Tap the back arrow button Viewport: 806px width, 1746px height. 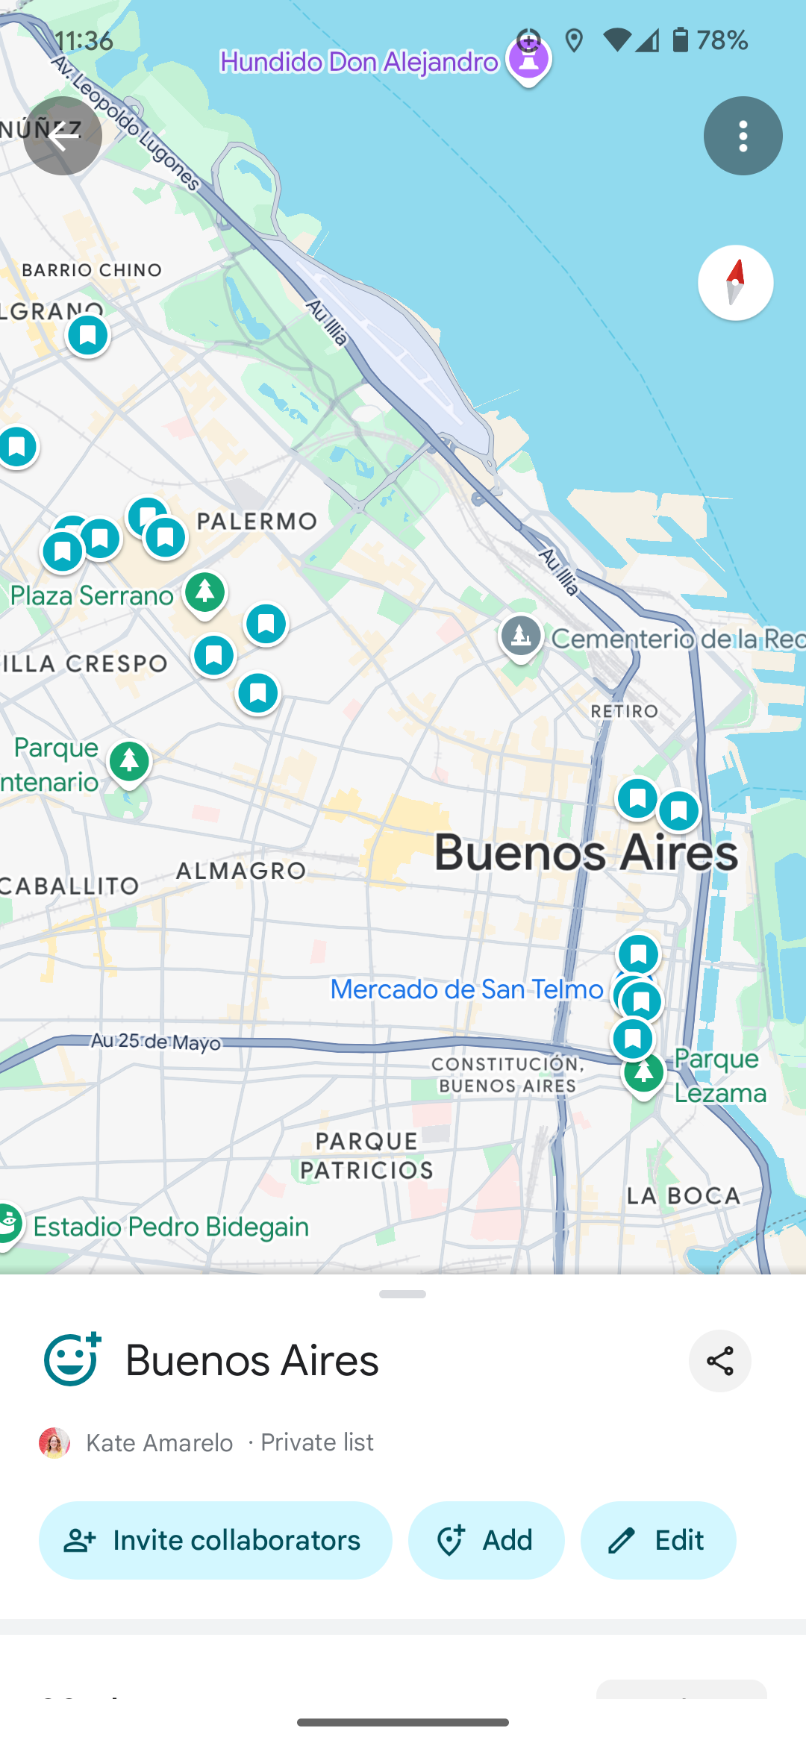coord(63,136)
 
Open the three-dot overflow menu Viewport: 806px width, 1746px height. coord(743,136)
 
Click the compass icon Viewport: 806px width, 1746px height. coord(735,283)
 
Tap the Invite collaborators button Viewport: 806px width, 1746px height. coord(215,1540)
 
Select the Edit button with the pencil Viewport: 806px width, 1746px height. coord(658,1540)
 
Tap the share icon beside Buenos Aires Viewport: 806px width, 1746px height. coord(719,1361)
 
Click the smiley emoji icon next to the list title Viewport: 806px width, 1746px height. coord(72,1359)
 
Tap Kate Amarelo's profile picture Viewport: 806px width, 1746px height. coord(54,1442)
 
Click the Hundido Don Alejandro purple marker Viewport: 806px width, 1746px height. coord(528,60)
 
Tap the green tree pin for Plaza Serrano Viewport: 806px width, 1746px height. coord(205,592)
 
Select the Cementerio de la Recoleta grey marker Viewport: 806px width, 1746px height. coord(521,636)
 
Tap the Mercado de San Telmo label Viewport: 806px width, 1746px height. coord(466,989)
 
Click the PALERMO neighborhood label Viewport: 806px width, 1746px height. coord(257,521)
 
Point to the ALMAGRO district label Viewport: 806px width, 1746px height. coord(241,870)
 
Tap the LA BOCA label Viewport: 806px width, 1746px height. coord(683,1195)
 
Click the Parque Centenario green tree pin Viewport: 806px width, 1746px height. coord(129,761)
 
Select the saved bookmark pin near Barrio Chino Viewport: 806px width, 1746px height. coord(88,335)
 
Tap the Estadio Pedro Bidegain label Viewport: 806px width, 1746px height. coord(171,1227)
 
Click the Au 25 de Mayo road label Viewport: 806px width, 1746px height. coord(155,1041)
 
